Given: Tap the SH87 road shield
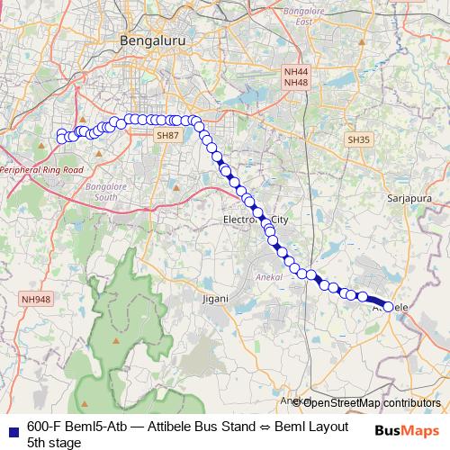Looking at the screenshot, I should coord(167,135).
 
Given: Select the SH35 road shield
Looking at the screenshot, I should coord(358,139).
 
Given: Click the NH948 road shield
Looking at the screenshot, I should coord(37,299).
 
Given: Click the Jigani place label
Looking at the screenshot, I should coord(216,297).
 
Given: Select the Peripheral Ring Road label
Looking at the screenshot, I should coord(41,168).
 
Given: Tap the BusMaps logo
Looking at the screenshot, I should coord(406,429).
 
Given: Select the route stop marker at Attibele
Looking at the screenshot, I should coord(389,307).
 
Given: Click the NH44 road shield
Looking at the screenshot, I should coord(295,71).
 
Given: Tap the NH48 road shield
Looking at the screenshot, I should coord(295,83).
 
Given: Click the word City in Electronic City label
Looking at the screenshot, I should coord(281,220).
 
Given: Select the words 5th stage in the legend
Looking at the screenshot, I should coord(54,443).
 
